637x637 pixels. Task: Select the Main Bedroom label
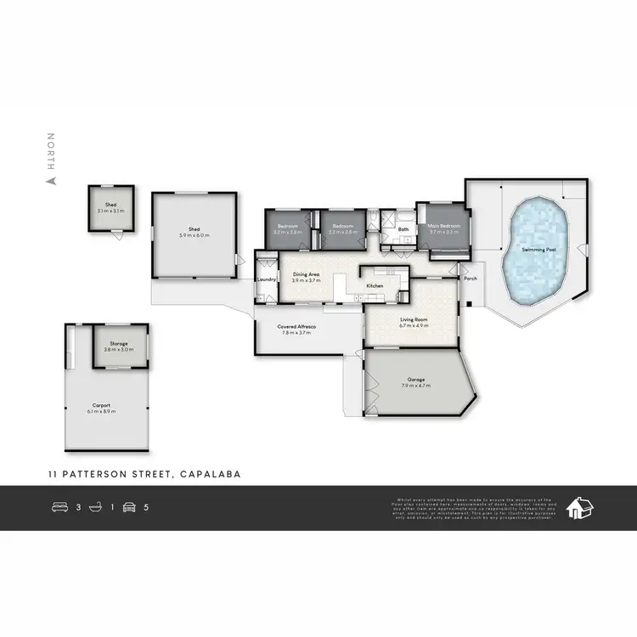[443, 226]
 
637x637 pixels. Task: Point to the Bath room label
[403, 228]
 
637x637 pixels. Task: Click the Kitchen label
[375, 286]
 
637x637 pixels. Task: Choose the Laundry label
[267, 279]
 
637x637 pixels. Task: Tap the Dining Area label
[306, 274]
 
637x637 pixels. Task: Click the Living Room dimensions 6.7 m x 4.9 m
[414, 325]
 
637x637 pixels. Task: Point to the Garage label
[414, 381]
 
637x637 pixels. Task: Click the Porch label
[469, 279]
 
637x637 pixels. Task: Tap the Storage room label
[119, 343]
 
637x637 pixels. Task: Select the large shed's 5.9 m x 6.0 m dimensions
[194, 234]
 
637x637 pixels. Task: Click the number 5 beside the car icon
[146, 508]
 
